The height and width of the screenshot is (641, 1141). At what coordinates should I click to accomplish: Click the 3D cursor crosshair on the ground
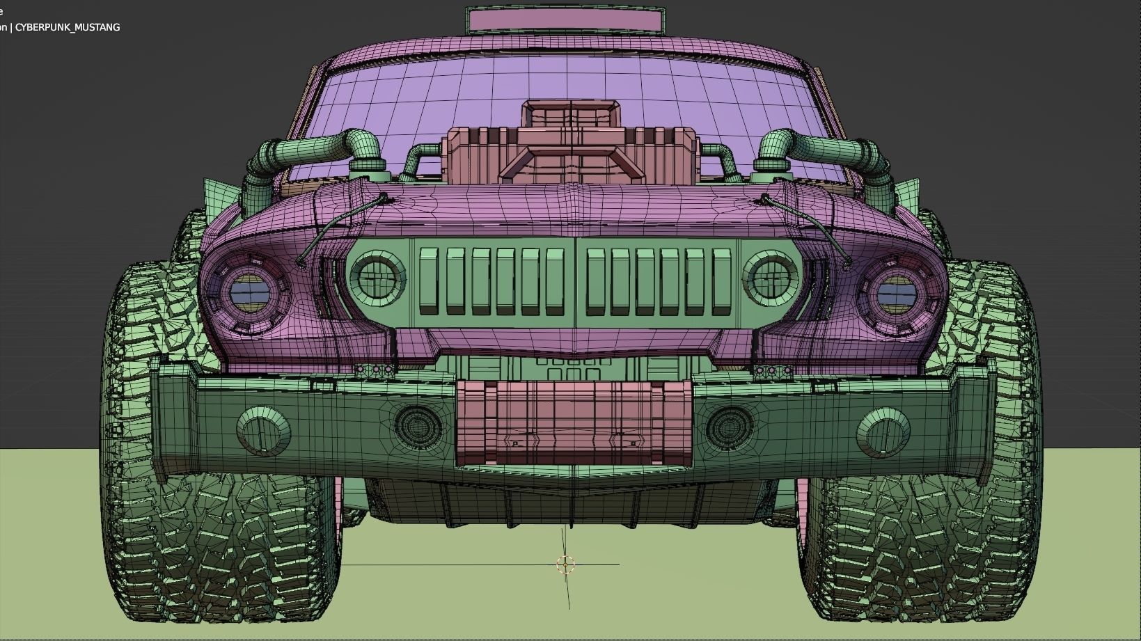tap(566, 564)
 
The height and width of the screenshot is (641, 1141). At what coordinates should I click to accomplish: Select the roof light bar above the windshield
tap(565, 20)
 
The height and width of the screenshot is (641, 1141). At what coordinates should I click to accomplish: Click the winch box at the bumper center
tap(574, 422)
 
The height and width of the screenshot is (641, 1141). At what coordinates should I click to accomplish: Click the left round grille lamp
tap(377, 278)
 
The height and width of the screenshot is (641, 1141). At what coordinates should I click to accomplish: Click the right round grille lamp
tap(770, 278)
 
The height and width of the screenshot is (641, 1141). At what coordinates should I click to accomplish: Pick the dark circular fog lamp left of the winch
tap(418, 425)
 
